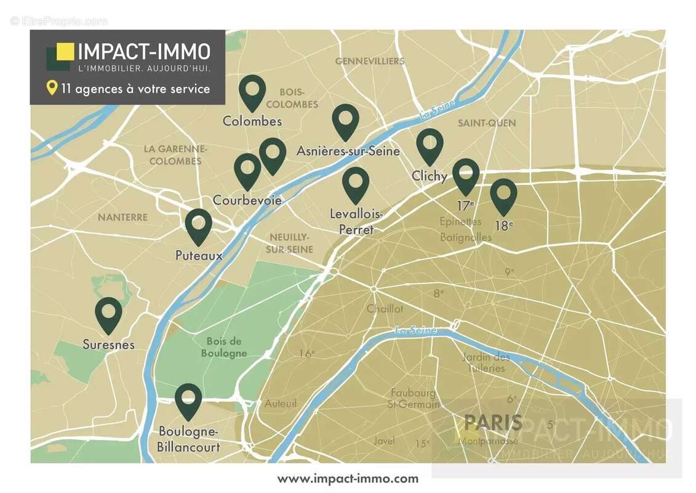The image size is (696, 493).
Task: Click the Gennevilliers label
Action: coord(370,61)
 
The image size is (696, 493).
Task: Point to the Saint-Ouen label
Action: coord(487,123)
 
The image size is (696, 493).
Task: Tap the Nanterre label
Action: coord(122,217)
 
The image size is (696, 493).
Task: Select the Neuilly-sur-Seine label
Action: coord(289,243)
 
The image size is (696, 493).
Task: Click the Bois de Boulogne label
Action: coord(224,347)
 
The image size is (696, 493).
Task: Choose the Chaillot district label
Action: coord(385,309)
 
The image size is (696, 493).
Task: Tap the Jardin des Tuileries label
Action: coord(486,362)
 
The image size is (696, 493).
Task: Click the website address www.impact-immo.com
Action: coord(348,479)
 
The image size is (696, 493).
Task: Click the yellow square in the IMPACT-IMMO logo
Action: coord(65,51)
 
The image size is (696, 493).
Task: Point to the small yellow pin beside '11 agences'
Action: coord(52,88)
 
